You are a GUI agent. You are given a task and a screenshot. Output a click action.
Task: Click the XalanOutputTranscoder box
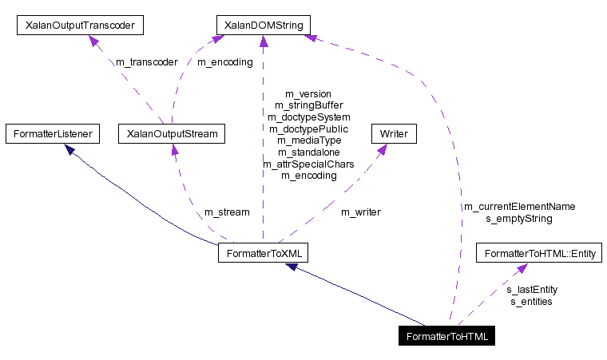point(80,26)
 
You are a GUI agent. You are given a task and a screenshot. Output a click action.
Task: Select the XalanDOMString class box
point(263,26)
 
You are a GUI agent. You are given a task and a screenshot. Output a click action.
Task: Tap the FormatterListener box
point(52,133)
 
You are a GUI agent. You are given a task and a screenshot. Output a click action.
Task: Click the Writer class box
point(393,133)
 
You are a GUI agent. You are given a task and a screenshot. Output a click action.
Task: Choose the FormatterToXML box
point(263,253)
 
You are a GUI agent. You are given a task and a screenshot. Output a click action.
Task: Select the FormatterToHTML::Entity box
point(539,253)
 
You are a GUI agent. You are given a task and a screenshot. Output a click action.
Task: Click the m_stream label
point(227,212)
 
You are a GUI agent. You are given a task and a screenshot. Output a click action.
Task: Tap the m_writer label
point(360,212)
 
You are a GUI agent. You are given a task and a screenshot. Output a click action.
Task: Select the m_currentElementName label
point(519,206)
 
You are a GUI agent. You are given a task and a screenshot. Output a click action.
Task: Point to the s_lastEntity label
point(532,290)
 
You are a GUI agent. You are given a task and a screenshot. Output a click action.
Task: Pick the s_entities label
point(531,301)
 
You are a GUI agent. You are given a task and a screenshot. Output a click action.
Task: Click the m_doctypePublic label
point(308,129)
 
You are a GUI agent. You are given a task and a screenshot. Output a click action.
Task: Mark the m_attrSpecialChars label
point(308,164)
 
